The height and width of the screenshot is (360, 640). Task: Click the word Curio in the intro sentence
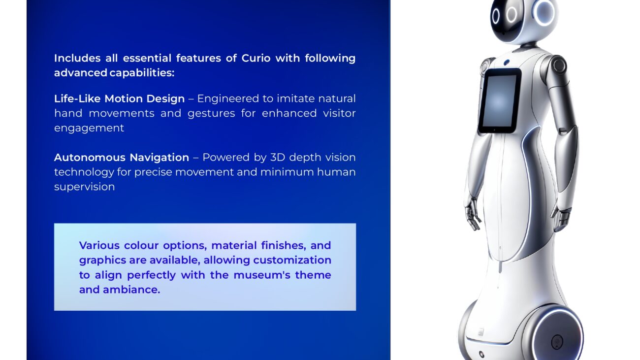pyautogui.click(x=256, y=58)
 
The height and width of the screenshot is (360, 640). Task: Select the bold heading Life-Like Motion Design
pyautogui.click(x=120, y=99)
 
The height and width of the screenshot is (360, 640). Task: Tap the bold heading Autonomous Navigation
pyautogui.click(x=122, y=158)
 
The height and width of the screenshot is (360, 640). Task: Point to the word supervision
pyautogui.click(x=85, y=187)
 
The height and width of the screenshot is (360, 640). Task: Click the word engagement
pyautogui.click(x=89, y=129)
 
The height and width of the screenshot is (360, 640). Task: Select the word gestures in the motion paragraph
pyautogui.click(x=211, y=114)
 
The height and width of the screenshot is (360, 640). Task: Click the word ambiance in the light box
pyautogui.click(x=131, y=290)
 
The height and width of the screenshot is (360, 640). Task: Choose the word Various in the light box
pyautogui.click(x=99, y=245)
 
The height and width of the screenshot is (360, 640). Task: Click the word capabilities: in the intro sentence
pyautogui.click(x=142, y=73)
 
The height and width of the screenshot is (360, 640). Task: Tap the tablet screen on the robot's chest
pyautogui.click(x=499, y=101)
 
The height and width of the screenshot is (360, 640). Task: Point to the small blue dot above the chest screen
pyautogui.click(x=507, y=62)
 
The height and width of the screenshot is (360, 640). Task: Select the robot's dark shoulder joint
pyautogui.click(x=558, y=65)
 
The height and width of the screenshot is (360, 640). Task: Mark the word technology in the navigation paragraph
pyautogui.click(x=84, y=172)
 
